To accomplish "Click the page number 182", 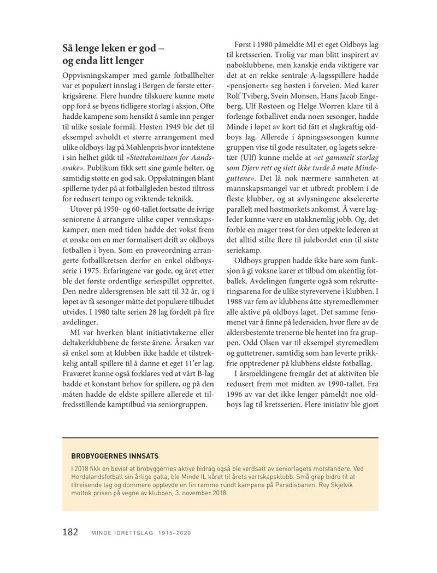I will point(71,531).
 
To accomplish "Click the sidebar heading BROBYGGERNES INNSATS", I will point(111,456).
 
